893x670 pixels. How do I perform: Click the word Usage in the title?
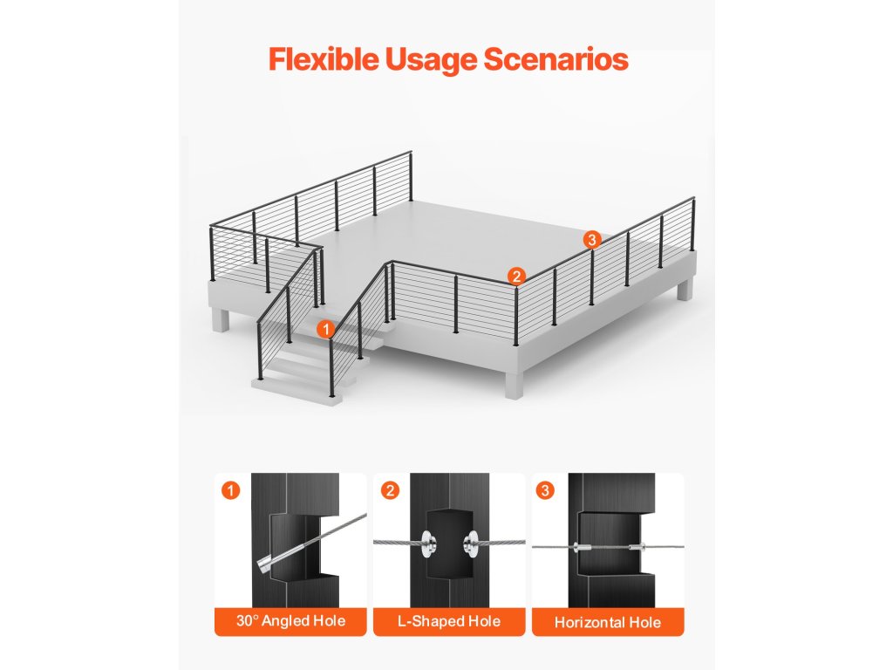tap(427, 59)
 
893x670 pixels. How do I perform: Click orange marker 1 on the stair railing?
tap(325, 329)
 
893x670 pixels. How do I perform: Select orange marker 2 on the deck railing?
tap(516, 277)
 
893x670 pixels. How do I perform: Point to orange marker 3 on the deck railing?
tap(592, 239)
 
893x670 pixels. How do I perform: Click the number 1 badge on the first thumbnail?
tap(230, 491)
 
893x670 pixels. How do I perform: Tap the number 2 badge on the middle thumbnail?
tap(389, 491)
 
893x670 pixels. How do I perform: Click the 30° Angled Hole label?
tap(290, 621)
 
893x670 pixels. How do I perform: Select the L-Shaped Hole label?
tap(449, 621)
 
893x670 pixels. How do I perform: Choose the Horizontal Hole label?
tap(608, 622)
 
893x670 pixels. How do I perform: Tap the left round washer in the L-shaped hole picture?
tap(428, 542)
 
